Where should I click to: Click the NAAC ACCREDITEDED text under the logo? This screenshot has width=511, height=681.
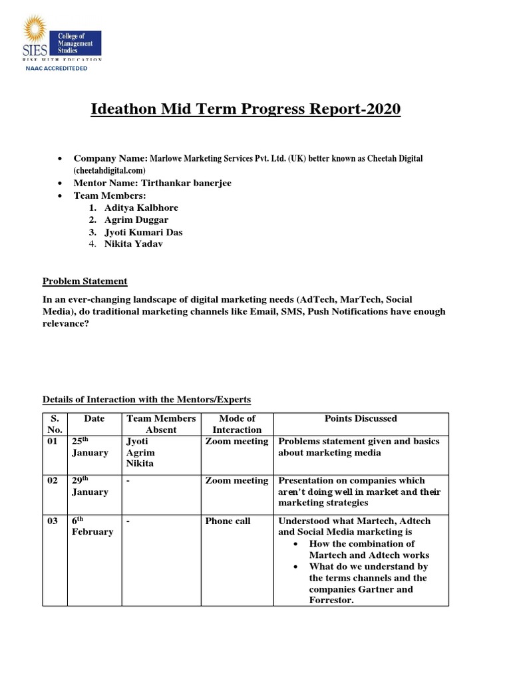[56, 68]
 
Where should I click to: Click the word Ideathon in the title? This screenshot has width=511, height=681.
[122, 108]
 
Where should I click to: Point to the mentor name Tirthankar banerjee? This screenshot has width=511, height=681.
[184, 183]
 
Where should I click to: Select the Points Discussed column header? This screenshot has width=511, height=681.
[361, 419]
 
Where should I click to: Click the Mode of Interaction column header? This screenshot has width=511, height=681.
[237, 424]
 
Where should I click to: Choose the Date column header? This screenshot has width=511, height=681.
[94, 419]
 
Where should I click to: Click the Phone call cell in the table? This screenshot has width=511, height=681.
[228, 521]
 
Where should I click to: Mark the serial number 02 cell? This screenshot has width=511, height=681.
[53, 481]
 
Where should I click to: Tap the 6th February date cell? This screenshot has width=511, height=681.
[92, 526]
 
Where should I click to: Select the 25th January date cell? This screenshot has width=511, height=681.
[90, 447]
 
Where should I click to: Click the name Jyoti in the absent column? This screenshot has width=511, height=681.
[137, 441]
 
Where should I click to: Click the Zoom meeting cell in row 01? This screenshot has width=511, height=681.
[237, 441]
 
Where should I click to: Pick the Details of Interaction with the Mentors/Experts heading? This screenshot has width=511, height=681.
[147, 399]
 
